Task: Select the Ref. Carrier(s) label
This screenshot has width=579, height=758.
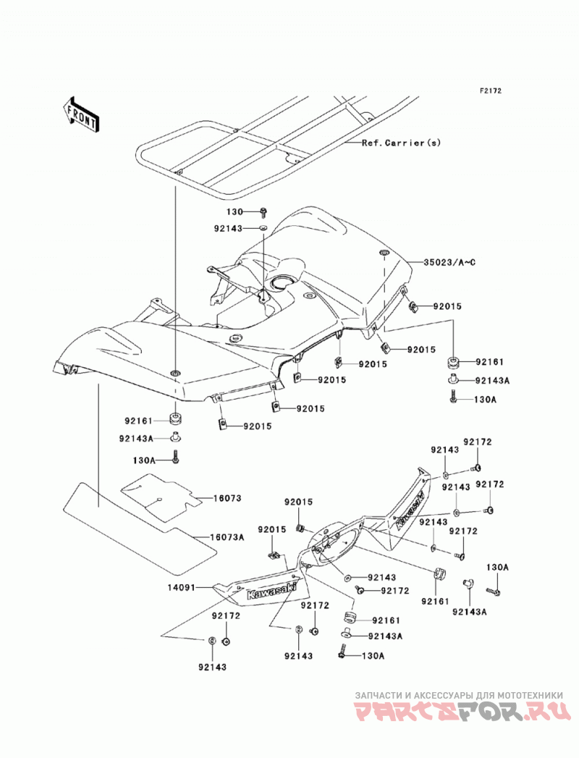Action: click(401, 143)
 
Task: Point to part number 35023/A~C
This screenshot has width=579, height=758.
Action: click(449, 263)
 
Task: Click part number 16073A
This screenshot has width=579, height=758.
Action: click(227, 537)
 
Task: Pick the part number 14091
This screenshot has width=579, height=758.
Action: click(181, 588)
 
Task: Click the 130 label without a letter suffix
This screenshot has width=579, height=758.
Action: click(235, 211)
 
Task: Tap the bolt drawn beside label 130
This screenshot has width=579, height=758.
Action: click(263, 211)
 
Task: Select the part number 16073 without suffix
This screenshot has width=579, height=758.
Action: click(226, 498)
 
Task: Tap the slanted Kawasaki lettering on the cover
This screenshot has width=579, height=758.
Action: click(410, 512)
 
